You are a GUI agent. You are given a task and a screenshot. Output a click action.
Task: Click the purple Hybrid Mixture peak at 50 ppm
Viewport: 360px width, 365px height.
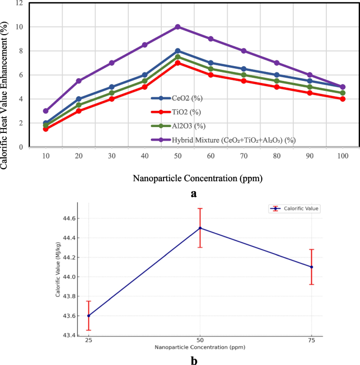pyautogui.click(x=178, y=27)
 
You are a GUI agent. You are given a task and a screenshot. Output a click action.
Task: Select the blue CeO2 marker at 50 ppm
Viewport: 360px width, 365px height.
pyautogui.click(x=178, y=51)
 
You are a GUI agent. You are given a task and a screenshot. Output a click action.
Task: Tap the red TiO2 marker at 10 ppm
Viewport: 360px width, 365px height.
pyautogui.click(x=46, y=129)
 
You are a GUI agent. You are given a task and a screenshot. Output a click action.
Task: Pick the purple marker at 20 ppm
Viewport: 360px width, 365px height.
pyautogui.click(x=79, y=81)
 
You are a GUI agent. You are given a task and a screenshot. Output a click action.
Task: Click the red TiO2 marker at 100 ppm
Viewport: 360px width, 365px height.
pyautogui.click(x=343, y=99)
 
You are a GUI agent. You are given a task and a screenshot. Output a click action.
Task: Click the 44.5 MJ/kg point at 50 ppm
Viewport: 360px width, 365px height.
pyautogui.click(x=200, y=228)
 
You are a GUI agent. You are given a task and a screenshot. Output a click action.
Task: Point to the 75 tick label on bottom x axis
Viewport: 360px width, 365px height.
pyautogui.click(x=312, y=340)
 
